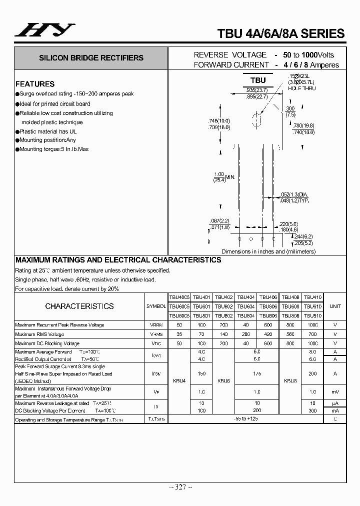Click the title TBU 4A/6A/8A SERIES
click(x=280, y=33)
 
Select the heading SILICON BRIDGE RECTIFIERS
click(x=91, y=58)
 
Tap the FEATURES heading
click(x=35, y=84)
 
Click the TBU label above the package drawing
click(x=258, y=80)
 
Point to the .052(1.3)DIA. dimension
click(x=294, y=194)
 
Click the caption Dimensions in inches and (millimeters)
click(x=268, y=251)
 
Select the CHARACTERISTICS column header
click(x=79, y=306)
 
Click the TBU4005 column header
click(x=178, y=297)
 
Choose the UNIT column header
click(x=335, y=306)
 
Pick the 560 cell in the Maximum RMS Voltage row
click(x=290, y=334)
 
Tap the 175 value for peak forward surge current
click(x=256, y=373)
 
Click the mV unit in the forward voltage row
click(x=335, y=392)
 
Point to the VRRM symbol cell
click(x=155, y=325)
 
